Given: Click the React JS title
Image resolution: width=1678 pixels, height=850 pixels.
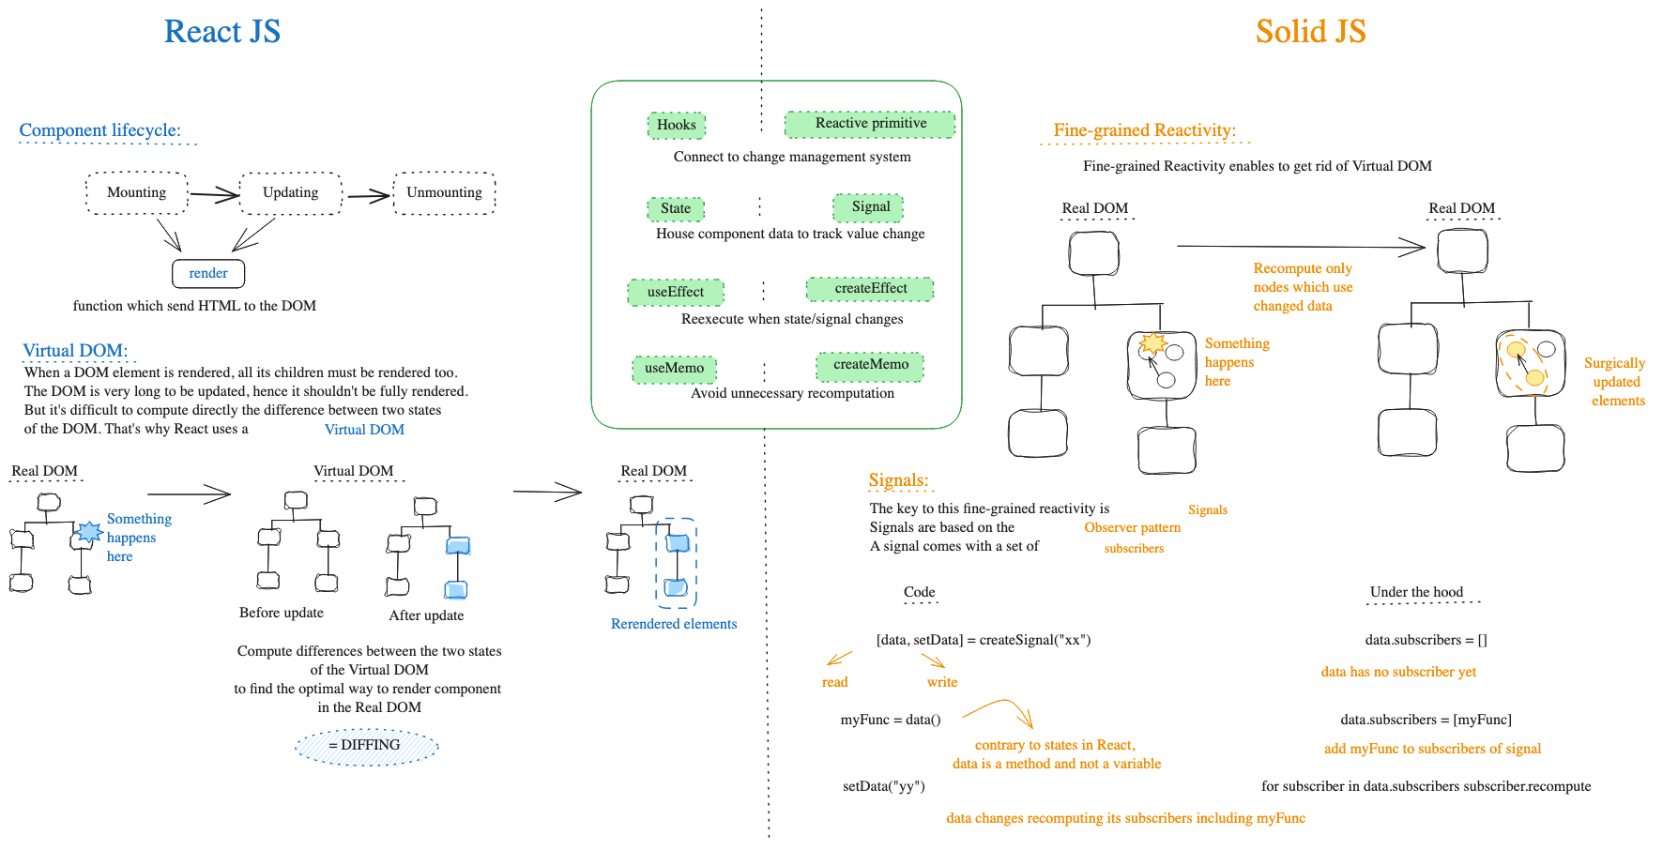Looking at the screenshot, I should point(222,31).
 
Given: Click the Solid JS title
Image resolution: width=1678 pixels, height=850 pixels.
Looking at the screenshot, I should point(1310,31).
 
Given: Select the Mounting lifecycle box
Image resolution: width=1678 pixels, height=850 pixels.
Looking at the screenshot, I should point(137,192).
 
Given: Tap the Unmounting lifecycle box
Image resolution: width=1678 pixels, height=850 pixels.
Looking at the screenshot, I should point(444,192).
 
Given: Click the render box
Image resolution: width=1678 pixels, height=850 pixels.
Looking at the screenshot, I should point(208,273).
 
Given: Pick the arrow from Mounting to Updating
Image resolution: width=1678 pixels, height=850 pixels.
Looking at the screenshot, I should point(214,194).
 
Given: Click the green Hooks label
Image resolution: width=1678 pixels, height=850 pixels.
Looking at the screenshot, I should point(676,125).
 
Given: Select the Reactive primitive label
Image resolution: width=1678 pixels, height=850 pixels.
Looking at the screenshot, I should point(870,124).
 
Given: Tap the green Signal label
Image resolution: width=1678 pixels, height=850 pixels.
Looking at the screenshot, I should point(870,206).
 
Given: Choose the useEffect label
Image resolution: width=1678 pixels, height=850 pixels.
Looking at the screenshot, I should point(676,292).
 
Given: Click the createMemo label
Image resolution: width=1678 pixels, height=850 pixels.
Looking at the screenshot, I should point(870,365).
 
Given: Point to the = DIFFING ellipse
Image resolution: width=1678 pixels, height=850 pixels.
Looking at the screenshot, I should point(367,746).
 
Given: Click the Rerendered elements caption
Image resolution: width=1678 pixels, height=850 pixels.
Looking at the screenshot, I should point(674,624).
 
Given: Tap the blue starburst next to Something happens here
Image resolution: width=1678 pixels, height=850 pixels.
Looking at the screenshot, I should point(88,532).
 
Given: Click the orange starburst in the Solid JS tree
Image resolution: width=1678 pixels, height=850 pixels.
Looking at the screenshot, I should point(1152,342).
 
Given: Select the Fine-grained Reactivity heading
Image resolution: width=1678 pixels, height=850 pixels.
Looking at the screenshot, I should point(1144,130).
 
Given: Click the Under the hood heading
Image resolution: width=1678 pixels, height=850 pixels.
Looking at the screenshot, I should point(1416,592).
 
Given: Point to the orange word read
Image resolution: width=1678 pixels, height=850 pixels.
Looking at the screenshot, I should point(834,682).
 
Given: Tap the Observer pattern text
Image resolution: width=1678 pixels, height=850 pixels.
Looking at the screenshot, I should point(1132,527).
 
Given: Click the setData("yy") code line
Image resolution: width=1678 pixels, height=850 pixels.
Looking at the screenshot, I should point(884,786).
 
